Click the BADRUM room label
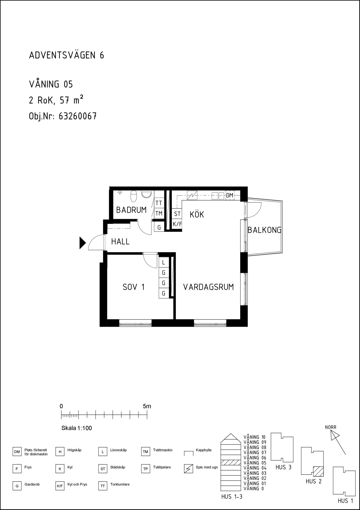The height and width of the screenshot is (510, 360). [x=131, y=210]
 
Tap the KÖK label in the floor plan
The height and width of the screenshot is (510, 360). [x=197, y=214]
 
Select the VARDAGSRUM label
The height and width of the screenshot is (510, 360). [x=208, y=287]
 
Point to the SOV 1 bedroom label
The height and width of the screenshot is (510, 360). [x=134, y=287]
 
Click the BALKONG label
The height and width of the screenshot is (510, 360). [x=264, y=230]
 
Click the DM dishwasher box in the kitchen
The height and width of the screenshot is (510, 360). [x=230, y=196]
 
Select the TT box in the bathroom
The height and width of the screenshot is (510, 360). [x=159, y=203]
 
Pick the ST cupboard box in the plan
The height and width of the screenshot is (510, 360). [x=177, y=214]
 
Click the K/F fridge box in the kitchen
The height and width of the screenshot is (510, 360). [x=177, y=224]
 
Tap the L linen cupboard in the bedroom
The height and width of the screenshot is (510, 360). [x=163, y=262]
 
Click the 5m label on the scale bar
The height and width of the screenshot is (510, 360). [x=147, y=406]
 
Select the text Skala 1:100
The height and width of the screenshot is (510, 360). [x=77, y=428]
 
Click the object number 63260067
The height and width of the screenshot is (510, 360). [x=78, y=116]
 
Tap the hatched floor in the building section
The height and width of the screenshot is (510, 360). [x=231, y=463]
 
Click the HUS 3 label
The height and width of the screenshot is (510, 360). [x=283, y=467]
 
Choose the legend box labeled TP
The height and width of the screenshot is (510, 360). [x=145, y=469]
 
